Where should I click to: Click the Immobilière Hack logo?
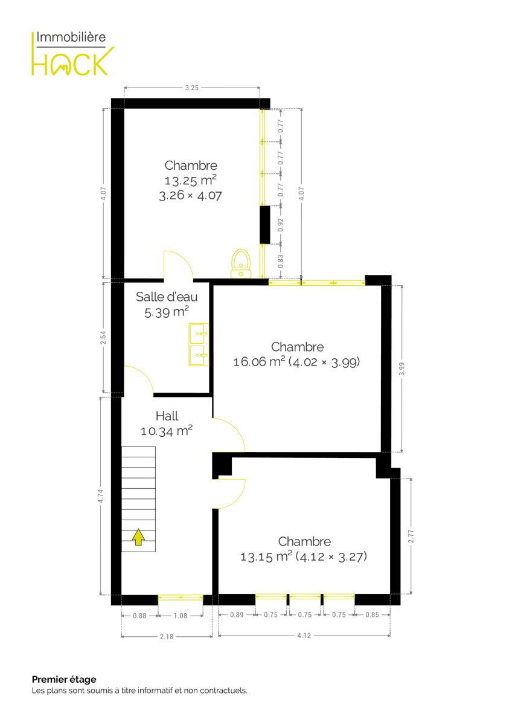pos(72,53)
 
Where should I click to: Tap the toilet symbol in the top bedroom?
pos(241,263)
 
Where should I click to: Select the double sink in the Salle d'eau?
pos(199,344)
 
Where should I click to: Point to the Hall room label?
pos(167,416)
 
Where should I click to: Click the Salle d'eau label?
pos(167,297)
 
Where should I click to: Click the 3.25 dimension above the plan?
pos(192,88)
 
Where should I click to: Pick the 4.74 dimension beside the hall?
pos(101,496)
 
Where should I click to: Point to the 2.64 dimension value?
pos(103,337)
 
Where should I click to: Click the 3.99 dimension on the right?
pos(402,369)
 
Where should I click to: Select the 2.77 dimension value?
pos(411,536)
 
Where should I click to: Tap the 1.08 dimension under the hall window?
pos(181,616)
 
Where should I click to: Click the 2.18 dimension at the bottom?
pos(167,637)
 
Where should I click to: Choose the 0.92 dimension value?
pos(280,225)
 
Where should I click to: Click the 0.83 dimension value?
pos(280,261)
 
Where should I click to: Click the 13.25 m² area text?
pos(191,180)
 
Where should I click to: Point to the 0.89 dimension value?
pos(237,614)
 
